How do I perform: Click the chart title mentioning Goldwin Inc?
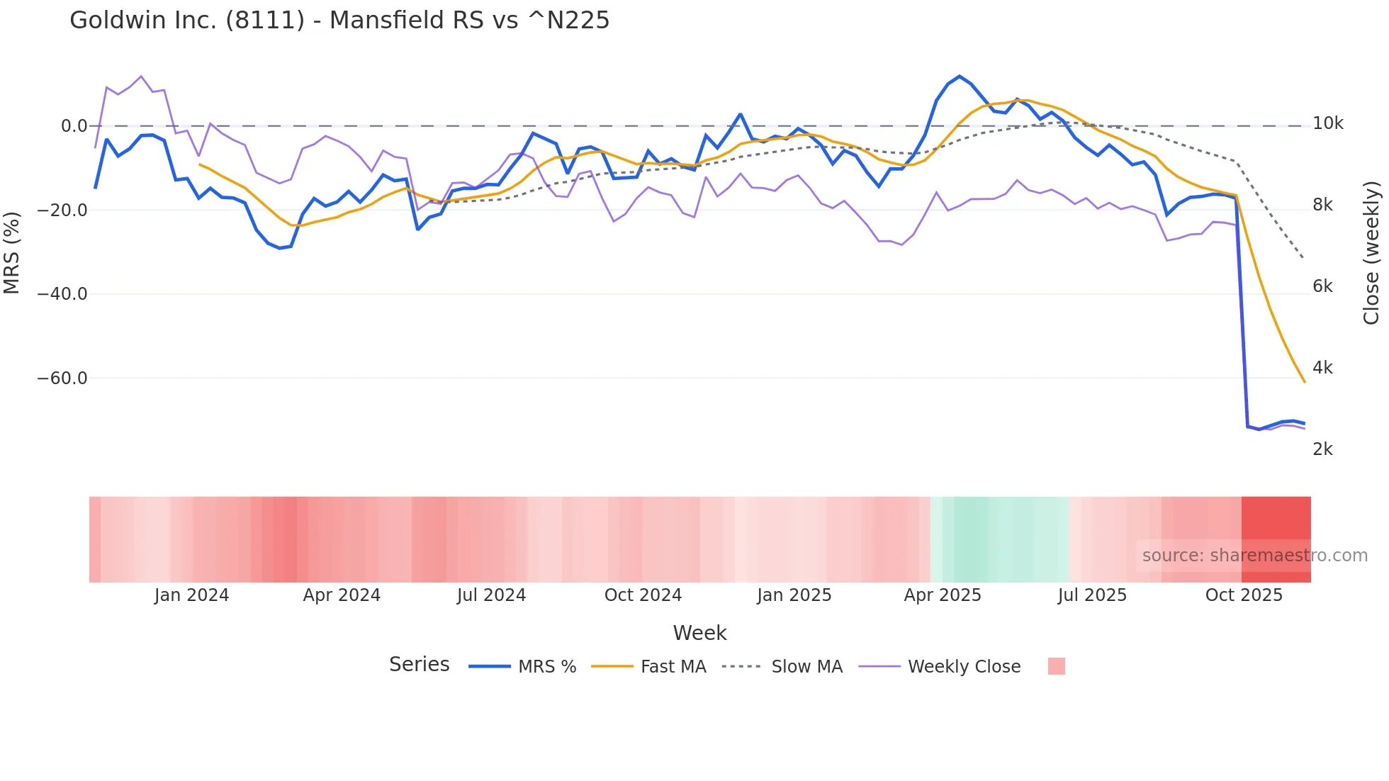pos(339,21)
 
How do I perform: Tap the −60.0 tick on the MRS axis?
pos(62,378)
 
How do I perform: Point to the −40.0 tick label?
pos(62,294)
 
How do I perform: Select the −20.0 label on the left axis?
pos(62,210)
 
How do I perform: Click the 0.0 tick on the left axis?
pos(74,126)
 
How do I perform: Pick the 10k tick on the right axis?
pos(1327,124)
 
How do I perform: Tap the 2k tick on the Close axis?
pos(1322,449)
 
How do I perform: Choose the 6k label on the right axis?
pos(1322,286)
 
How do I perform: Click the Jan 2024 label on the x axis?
pos(191,595)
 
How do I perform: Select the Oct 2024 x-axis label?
pos(643,595)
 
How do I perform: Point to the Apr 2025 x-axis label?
pos(943,595)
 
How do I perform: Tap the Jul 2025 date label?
pos(1092,595)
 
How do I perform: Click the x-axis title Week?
pos(699,633)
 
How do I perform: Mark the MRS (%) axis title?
pos(12,253)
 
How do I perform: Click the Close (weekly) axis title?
pos(1371,253)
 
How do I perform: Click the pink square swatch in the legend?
pos(1056,666)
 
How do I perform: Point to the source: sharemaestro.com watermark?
pos(1254,556)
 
